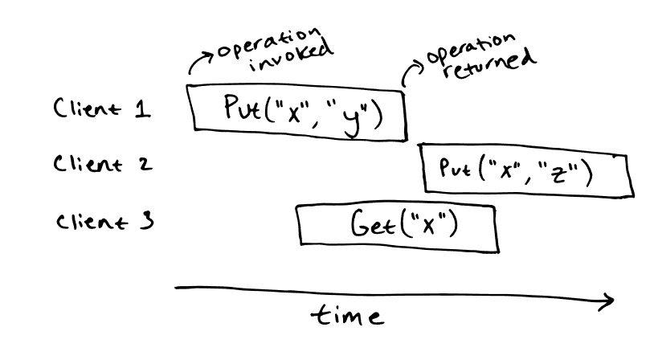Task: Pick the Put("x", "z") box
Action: [524, 170]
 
